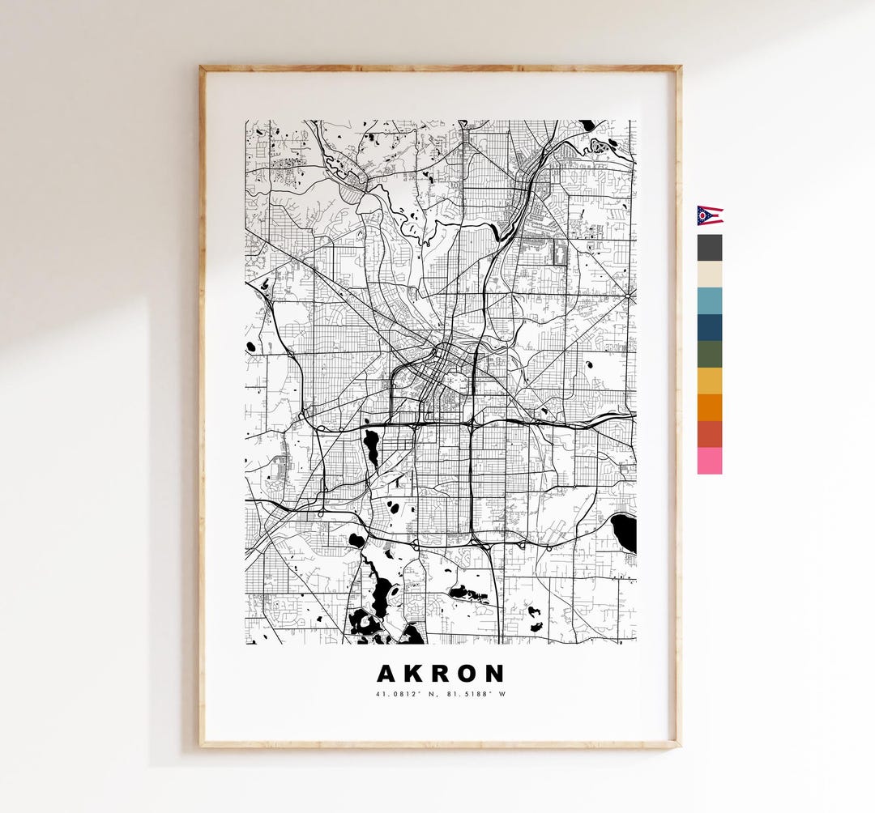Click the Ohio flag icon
point(710,215)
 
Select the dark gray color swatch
point(710,248)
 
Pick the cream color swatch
point(710,275)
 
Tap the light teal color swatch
point(710,301)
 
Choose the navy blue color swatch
point(710,328)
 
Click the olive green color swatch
point(710,354)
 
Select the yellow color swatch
point(710,381)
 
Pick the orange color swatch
point(710,407)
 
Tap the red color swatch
point(710,434)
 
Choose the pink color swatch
point(710,461)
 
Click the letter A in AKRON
point(387,674)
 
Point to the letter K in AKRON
point(414,674)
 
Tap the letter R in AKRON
point(441,674)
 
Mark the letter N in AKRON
point(495,674)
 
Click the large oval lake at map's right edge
point(624,533)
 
